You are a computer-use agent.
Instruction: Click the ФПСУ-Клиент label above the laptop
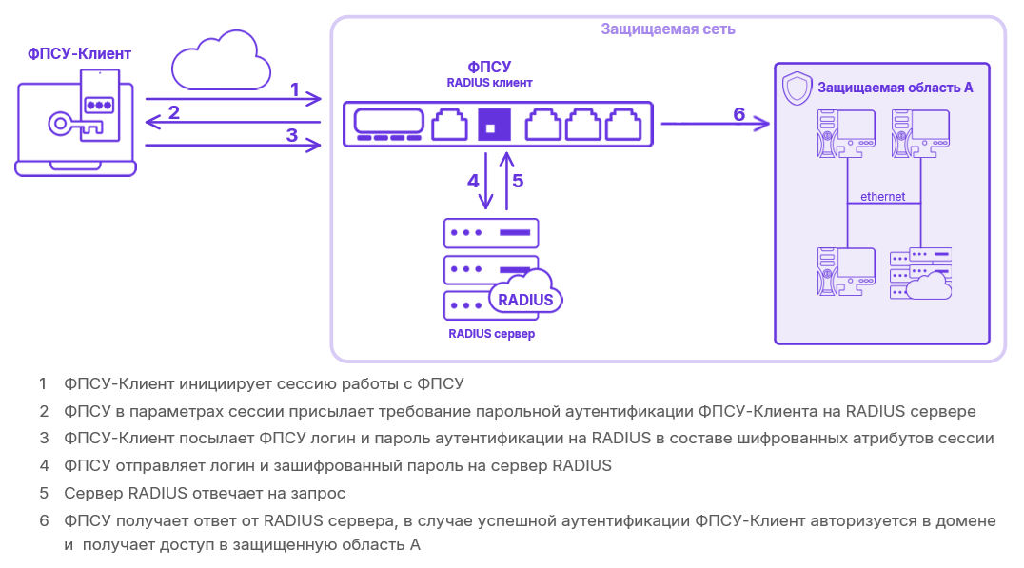pos(79,53)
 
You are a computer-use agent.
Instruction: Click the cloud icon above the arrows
pos(220,62)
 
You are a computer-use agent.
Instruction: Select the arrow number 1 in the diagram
pos(233,98)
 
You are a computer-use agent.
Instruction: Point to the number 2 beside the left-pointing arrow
pos(173,112)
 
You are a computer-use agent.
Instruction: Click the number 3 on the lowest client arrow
pos(292,134)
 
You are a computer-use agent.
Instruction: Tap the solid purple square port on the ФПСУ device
pos(494,124)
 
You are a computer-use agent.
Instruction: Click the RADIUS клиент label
pos(489,83)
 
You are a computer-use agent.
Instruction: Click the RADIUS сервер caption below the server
pos(491,334)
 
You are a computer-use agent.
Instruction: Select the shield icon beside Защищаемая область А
pos(796,88)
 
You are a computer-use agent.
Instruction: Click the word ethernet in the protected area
pos(882,197)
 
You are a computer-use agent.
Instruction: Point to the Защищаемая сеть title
pos(667,29)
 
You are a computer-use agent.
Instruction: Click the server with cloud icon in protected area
pos(920,274)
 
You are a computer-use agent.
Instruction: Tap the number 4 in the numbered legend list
pos(44,466)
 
